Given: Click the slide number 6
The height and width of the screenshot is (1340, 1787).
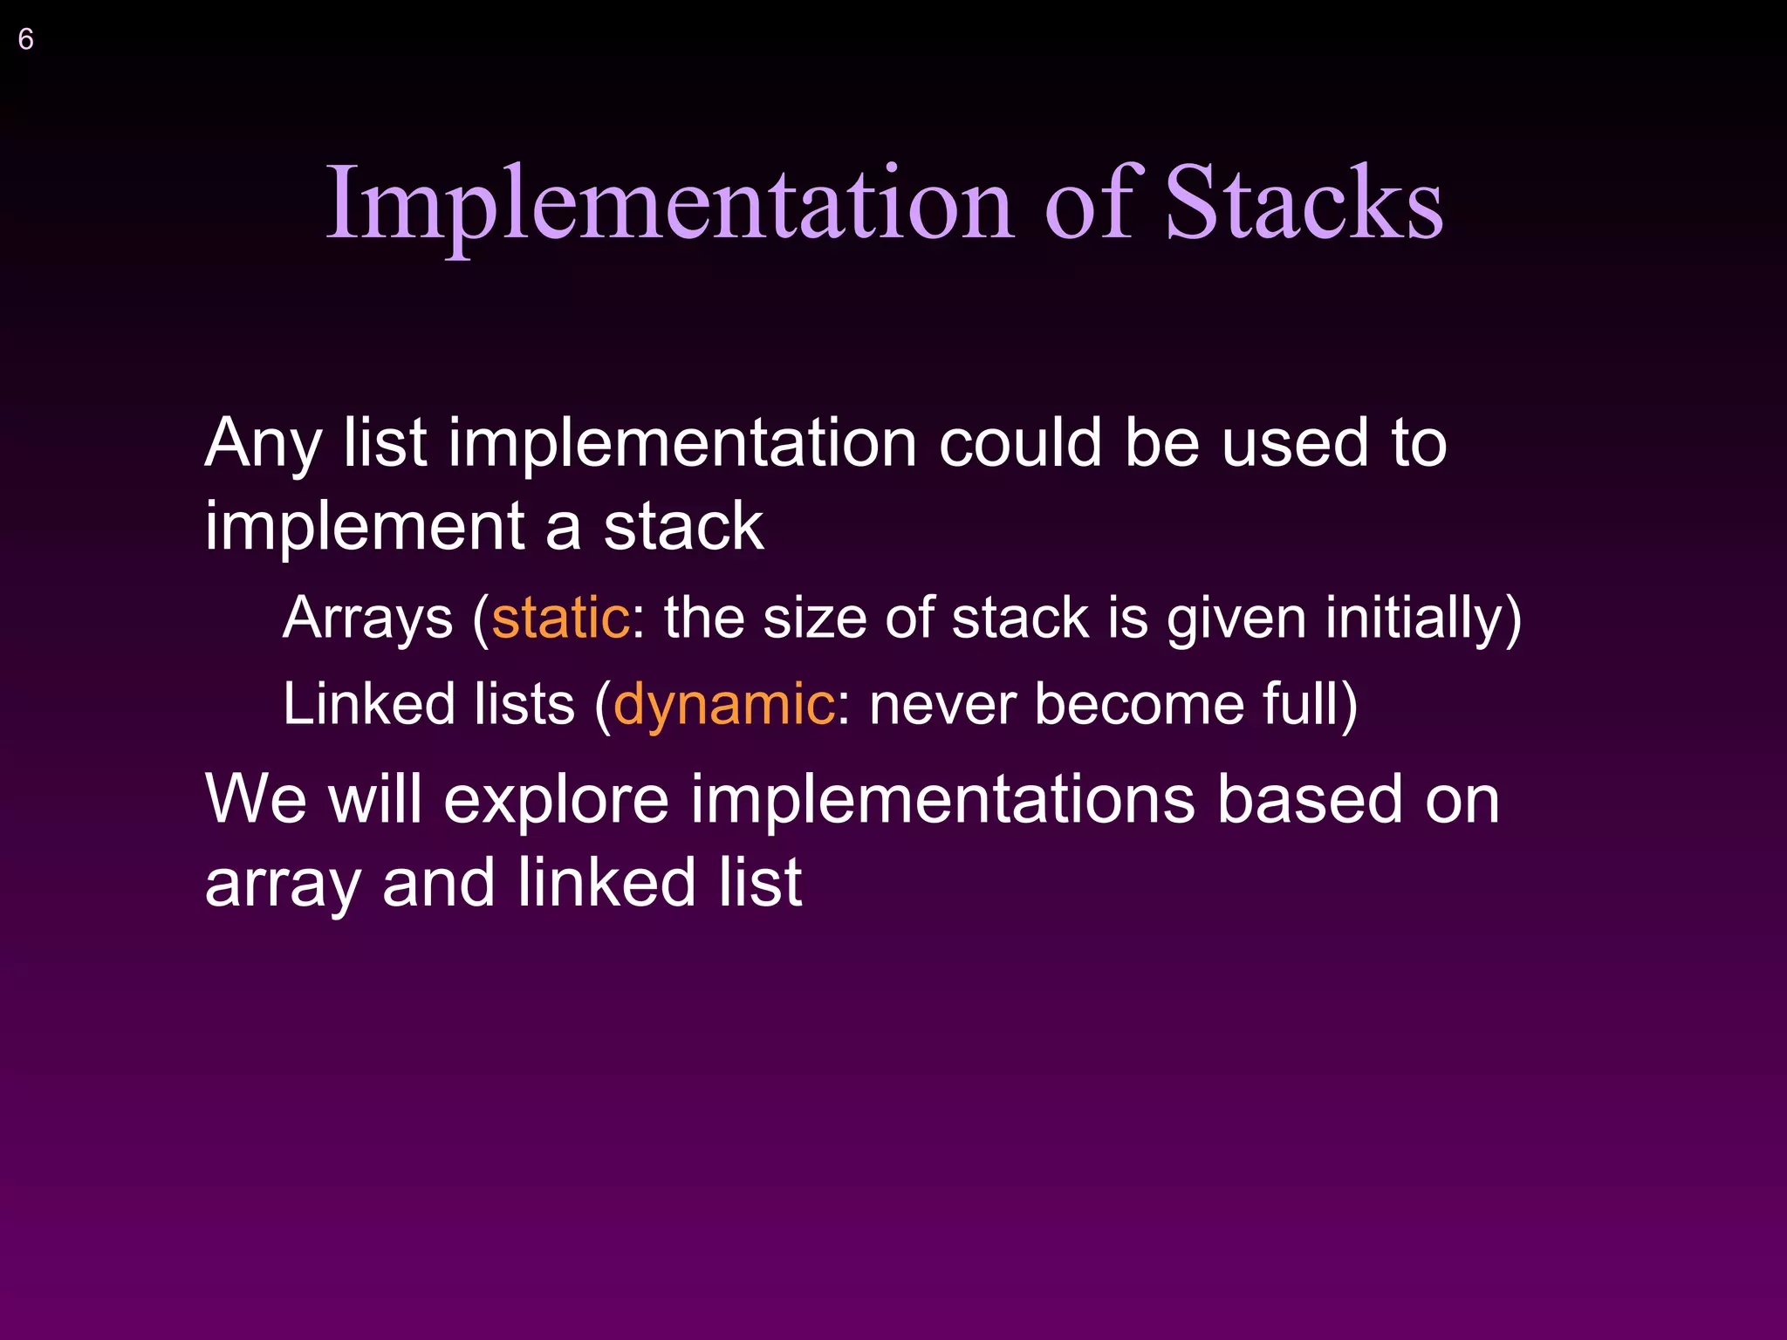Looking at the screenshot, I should click(26, 39).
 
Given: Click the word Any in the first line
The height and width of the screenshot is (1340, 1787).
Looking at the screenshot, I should click(263, 443).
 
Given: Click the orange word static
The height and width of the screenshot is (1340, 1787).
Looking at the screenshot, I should click(560, 618).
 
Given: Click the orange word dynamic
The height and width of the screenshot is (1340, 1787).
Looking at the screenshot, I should click(723, 704).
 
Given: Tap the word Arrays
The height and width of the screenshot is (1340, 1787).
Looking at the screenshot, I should click(367, 618).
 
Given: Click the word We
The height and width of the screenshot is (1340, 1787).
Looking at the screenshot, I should click(255, 799).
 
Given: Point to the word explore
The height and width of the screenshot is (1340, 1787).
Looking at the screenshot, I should click(556, 799).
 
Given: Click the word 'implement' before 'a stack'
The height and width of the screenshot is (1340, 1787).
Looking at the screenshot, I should click(364, 527).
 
